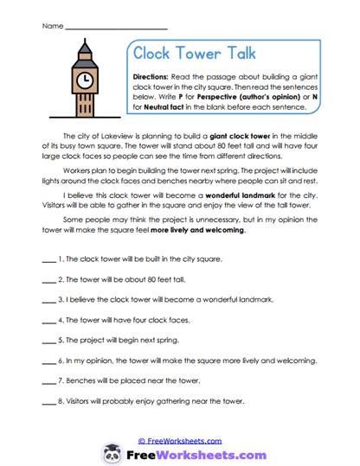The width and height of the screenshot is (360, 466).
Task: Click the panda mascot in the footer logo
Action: (x=111, y=454)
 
